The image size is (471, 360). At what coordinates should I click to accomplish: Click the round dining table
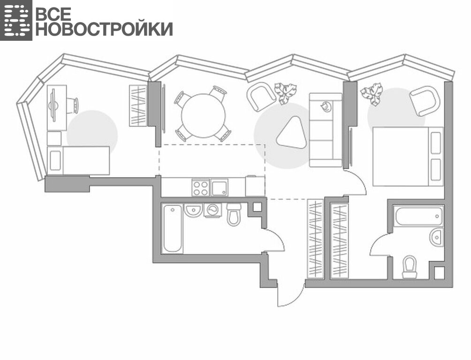coord(203,116)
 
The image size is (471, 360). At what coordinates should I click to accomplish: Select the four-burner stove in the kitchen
coord(200,187)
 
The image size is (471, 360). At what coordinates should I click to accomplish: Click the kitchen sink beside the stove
coord(219,187)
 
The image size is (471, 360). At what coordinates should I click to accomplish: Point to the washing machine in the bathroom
coord(213,210)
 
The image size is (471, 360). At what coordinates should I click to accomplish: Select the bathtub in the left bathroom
coord(173,229)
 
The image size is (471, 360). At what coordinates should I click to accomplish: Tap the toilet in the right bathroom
coord(410,267)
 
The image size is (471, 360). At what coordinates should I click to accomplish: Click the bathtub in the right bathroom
coord(419,216)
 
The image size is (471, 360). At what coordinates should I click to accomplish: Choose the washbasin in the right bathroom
coord(436,237)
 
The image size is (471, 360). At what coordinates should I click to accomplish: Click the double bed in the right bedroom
coord(408,157)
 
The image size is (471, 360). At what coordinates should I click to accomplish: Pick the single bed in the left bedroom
coord(78,161)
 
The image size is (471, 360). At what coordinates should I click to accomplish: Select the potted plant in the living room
coord(285,93)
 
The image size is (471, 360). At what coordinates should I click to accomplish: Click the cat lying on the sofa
coord(326,106)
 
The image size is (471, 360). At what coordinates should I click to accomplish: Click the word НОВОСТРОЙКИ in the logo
coord(104,29)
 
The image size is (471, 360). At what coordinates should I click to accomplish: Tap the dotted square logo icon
coord(16,20)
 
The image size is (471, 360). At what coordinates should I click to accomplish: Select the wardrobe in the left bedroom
coord(138,105)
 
